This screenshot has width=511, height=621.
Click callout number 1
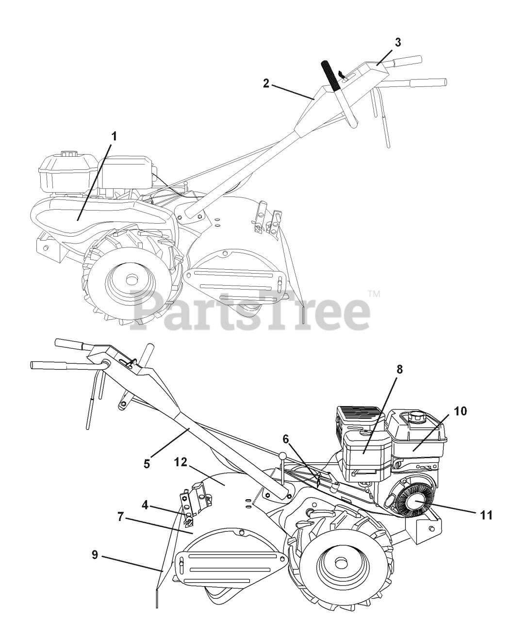pos(114,136)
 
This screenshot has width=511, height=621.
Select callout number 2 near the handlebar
pos(266,83)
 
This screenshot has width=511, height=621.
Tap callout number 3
pos(397,42)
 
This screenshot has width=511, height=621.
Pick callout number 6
pos(286,439)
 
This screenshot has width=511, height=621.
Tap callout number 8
pos(399,369)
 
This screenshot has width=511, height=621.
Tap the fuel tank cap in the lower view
pos(417,416)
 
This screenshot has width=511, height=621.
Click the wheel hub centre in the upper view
pos(130,279)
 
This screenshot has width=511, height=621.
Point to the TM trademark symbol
pos(373,294)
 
